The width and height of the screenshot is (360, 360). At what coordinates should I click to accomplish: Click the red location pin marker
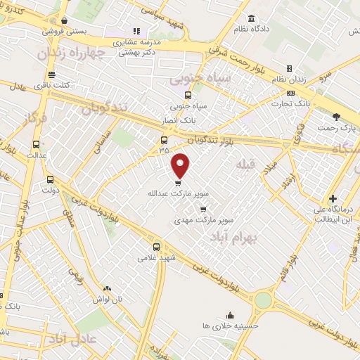(x=181, y=165)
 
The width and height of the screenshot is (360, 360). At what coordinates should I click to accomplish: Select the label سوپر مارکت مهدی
(x=203, y=220)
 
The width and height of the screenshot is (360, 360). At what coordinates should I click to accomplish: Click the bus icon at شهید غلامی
(x=157, y=247)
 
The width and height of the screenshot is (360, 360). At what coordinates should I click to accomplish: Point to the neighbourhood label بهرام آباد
(x=234, y=238)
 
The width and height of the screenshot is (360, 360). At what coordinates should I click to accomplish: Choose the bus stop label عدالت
(x=36, y=154)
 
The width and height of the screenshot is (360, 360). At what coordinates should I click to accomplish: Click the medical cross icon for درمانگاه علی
(x=333, y=199)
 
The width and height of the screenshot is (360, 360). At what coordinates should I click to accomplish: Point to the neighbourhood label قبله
(x=244, y=165)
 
